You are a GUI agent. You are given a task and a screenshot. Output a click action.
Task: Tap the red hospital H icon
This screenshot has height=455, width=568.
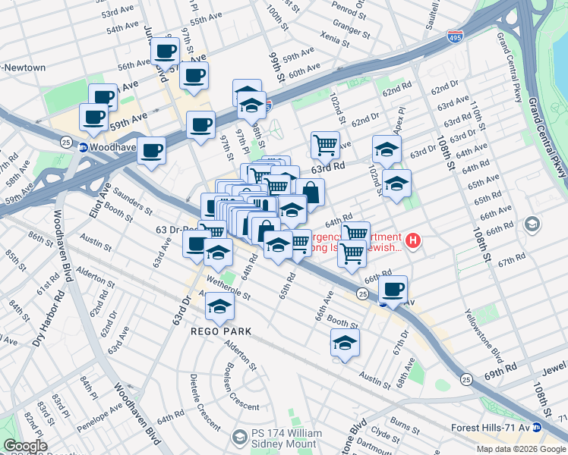click(412, 242)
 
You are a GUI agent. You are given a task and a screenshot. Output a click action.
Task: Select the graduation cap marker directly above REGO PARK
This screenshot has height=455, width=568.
click(220, 306)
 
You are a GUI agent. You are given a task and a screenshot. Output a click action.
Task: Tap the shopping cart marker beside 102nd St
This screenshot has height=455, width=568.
click(325, 143)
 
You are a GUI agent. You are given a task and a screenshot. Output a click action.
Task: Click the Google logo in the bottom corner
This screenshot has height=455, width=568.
click(24, 447)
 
